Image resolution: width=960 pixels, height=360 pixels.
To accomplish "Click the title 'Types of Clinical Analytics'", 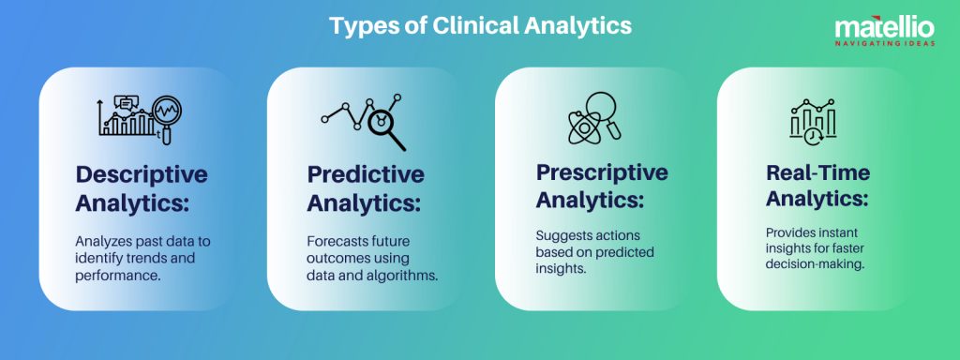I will point(480,25).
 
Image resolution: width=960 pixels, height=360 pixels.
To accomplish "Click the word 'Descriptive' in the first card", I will point(142,174).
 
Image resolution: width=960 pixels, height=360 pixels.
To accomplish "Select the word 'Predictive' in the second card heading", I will point(366,174).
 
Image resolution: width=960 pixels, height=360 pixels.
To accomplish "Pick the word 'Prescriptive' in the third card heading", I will point(602,172).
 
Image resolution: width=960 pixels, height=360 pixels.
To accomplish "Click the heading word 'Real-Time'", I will point(817,172).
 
